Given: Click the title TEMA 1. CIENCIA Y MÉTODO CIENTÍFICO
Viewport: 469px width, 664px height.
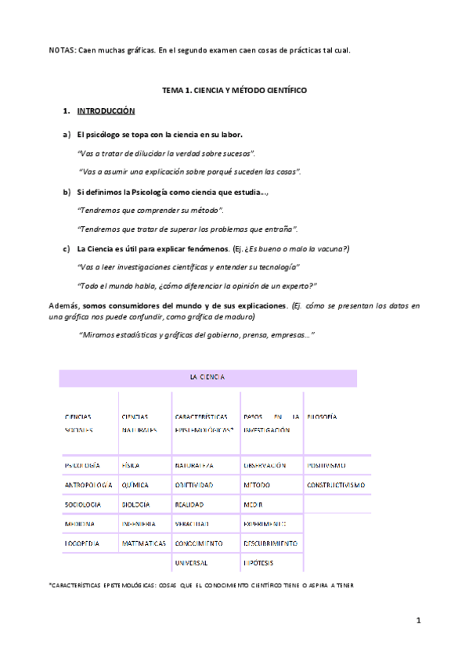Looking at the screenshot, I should click(234, 92).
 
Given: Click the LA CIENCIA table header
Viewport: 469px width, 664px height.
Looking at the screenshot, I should click(207, 377).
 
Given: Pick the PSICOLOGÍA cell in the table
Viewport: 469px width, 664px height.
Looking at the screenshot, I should click(82, 465).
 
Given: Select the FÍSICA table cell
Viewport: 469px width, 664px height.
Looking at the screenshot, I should click(131, 465).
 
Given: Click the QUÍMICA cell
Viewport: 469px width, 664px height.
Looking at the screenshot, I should click(135, 485).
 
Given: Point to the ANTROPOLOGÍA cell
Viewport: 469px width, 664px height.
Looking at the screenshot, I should click(88, 485).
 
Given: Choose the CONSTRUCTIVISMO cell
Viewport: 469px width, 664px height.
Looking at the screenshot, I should click(336, 485).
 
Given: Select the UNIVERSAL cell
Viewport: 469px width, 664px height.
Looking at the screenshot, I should click(192, 562).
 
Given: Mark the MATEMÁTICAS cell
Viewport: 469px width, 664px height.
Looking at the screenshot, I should click(143, 543).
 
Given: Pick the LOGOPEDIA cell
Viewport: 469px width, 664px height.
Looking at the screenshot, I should click(81, 543).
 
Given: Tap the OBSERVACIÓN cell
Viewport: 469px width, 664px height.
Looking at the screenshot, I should click(265, 465).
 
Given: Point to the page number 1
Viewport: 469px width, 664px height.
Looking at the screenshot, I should click(419, 621).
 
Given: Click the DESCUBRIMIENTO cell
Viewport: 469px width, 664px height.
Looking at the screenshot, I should click(270, 543).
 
